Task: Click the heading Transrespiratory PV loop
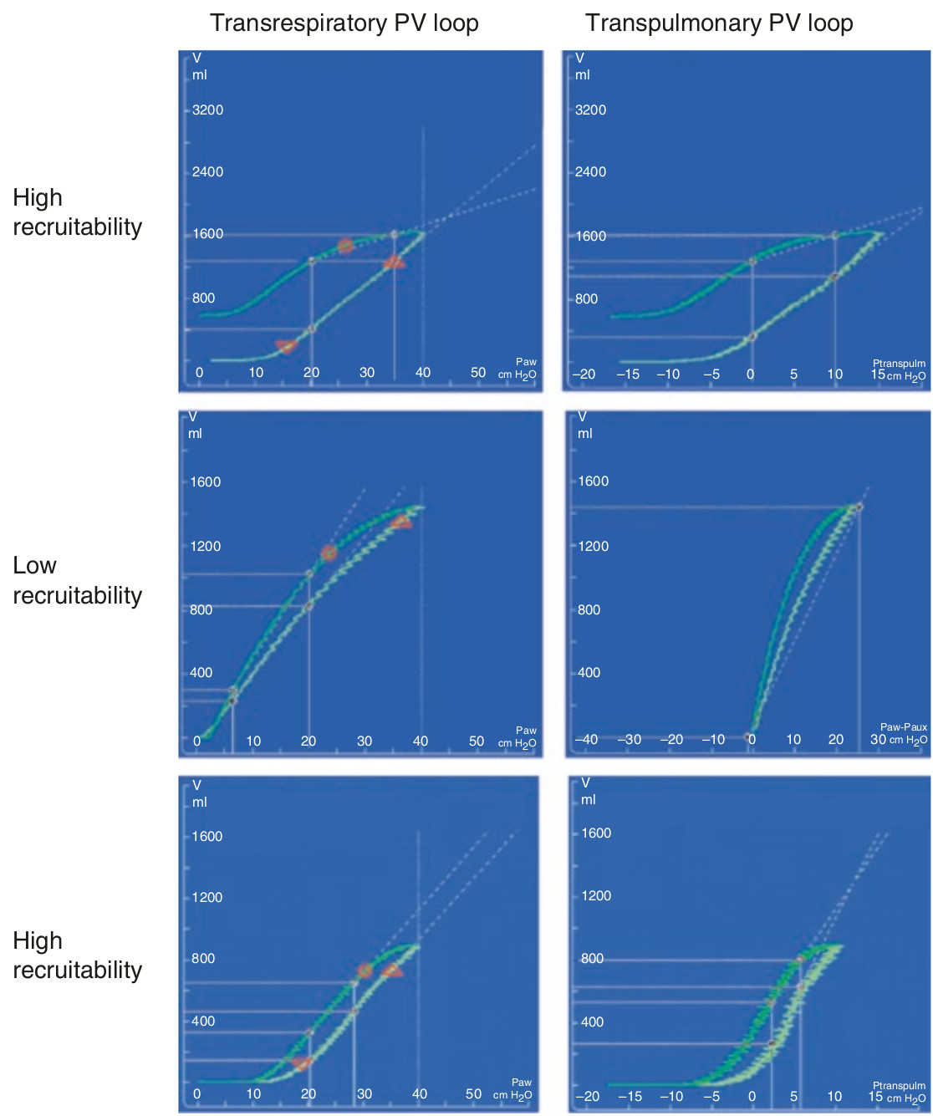[x=344, y=23]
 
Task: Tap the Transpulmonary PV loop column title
[x=719, y=23]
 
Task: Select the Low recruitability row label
[x=78, y=580]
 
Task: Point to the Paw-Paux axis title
[x=904, y=727]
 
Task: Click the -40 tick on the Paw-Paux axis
[x=586, y=740]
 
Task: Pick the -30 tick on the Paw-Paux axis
[x=629, y=740]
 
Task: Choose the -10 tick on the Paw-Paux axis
[x=713, y=740]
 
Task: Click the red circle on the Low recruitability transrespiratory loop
[x=329, y=553]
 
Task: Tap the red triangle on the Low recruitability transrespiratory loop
[x=401, y=522]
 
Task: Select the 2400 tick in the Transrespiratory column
[x=207, y=171]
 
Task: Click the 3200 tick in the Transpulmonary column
[x=590, y=110]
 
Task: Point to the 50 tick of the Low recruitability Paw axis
[x=476, y=741]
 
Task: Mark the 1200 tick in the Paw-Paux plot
[x=593, y=546]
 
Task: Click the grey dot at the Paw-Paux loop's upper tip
[x=859, y=507]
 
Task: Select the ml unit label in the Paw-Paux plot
[x=585, y=434]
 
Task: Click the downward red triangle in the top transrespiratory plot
[x=286, y=346]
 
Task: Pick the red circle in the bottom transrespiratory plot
[x=365, y=971]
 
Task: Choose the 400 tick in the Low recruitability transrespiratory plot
[x=201, y=672]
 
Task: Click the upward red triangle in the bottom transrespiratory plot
[x=393, y=970]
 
